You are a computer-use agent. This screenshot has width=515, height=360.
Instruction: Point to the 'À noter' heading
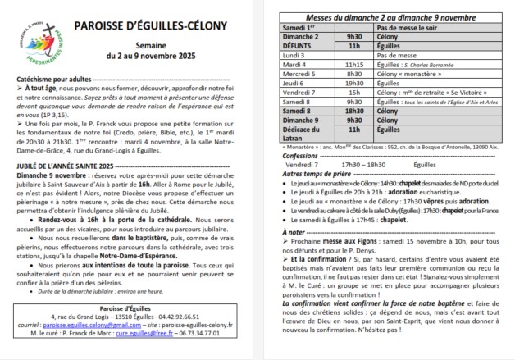click(x=293, y=256)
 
